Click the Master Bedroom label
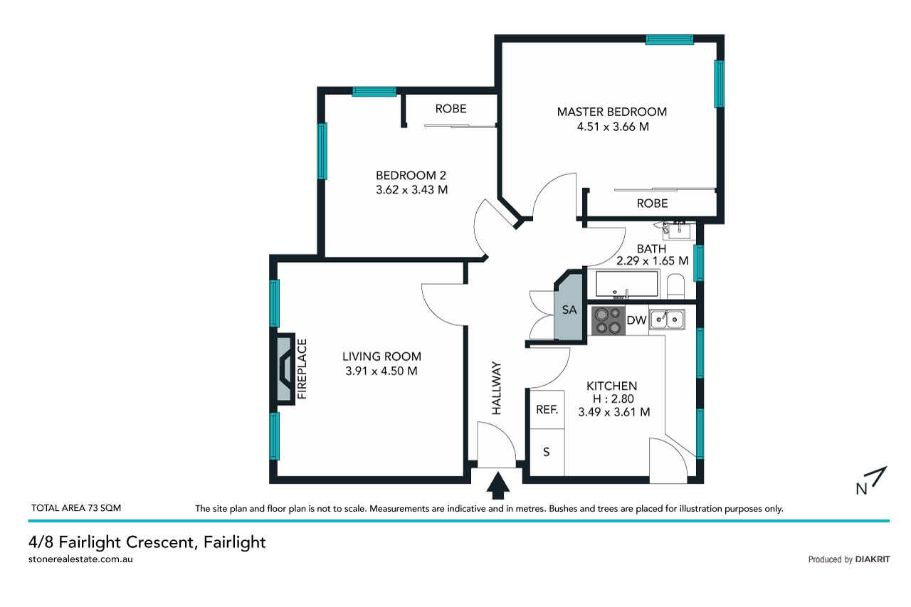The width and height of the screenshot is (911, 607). tap(611, 112)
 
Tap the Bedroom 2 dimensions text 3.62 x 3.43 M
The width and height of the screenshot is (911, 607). tap(411, 190)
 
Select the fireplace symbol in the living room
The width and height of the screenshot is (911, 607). tap(286, 369)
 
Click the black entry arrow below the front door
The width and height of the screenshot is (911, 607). tap(497, 485)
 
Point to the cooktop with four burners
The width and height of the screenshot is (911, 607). tap(608, 320)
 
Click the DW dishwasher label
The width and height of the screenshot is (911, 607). tap(636, 320)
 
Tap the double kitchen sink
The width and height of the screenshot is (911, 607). tap(667, 320)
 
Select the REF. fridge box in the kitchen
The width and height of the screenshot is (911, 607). tap(547, 409)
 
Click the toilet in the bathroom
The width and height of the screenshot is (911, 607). tap(676, 286)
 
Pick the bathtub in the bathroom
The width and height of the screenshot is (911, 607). tap(627, 284)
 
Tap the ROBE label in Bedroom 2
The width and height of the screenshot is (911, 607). tap(451, 109)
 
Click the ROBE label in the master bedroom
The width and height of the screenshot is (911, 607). tap(652, 204)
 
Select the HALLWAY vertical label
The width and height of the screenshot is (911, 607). tap(497, 389)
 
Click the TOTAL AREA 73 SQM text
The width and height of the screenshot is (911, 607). tap(76, 508)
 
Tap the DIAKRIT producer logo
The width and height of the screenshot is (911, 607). tap(873, 559)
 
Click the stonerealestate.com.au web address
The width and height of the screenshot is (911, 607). tap(80, 559)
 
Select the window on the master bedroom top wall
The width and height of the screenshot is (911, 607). tap(670, 39)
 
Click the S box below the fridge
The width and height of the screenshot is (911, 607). tap(547, 452)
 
